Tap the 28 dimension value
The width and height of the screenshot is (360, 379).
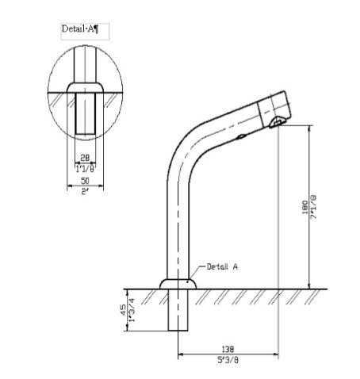tap(85, 157)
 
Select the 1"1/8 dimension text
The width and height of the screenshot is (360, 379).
tap(85, 167)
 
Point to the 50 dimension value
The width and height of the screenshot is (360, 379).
tap(85, 182)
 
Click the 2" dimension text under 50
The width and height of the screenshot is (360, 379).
tap(85, 192)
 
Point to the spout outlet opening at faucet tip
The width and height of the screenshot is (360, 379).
tap(277, 121)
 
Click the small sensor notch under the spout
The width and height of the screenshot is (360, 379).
tap(241, 138)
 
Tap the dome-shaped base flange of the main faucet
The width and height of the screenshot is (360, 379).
tap(178, 282)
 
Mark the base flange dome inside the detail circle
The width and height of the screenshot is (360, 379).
tap(85, 86)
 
